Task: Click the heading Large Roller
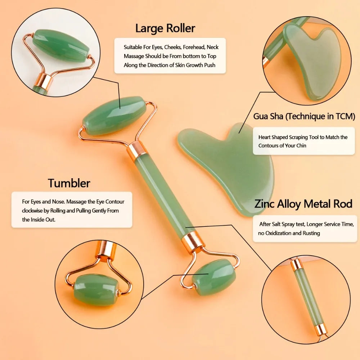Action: [x=165, y=28]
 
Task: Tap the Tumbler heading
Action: [x=69, y=183]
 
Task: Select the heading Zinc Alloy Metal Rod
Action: [x=303, y=204]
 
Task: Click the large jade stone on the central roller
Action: [x=114, y=116]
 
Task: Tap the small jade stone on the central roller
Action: [x=213, y=277]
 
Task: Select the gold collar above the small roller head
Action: [x=193, y=242]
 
